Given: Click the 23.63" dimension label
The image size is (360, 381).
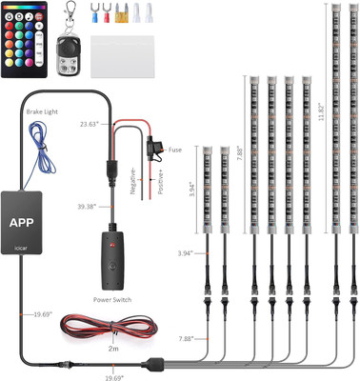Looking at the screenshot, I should click(x=90, y=123).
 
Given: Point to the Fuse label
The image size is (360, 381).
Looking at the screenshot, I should click(x=176, y=150).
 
